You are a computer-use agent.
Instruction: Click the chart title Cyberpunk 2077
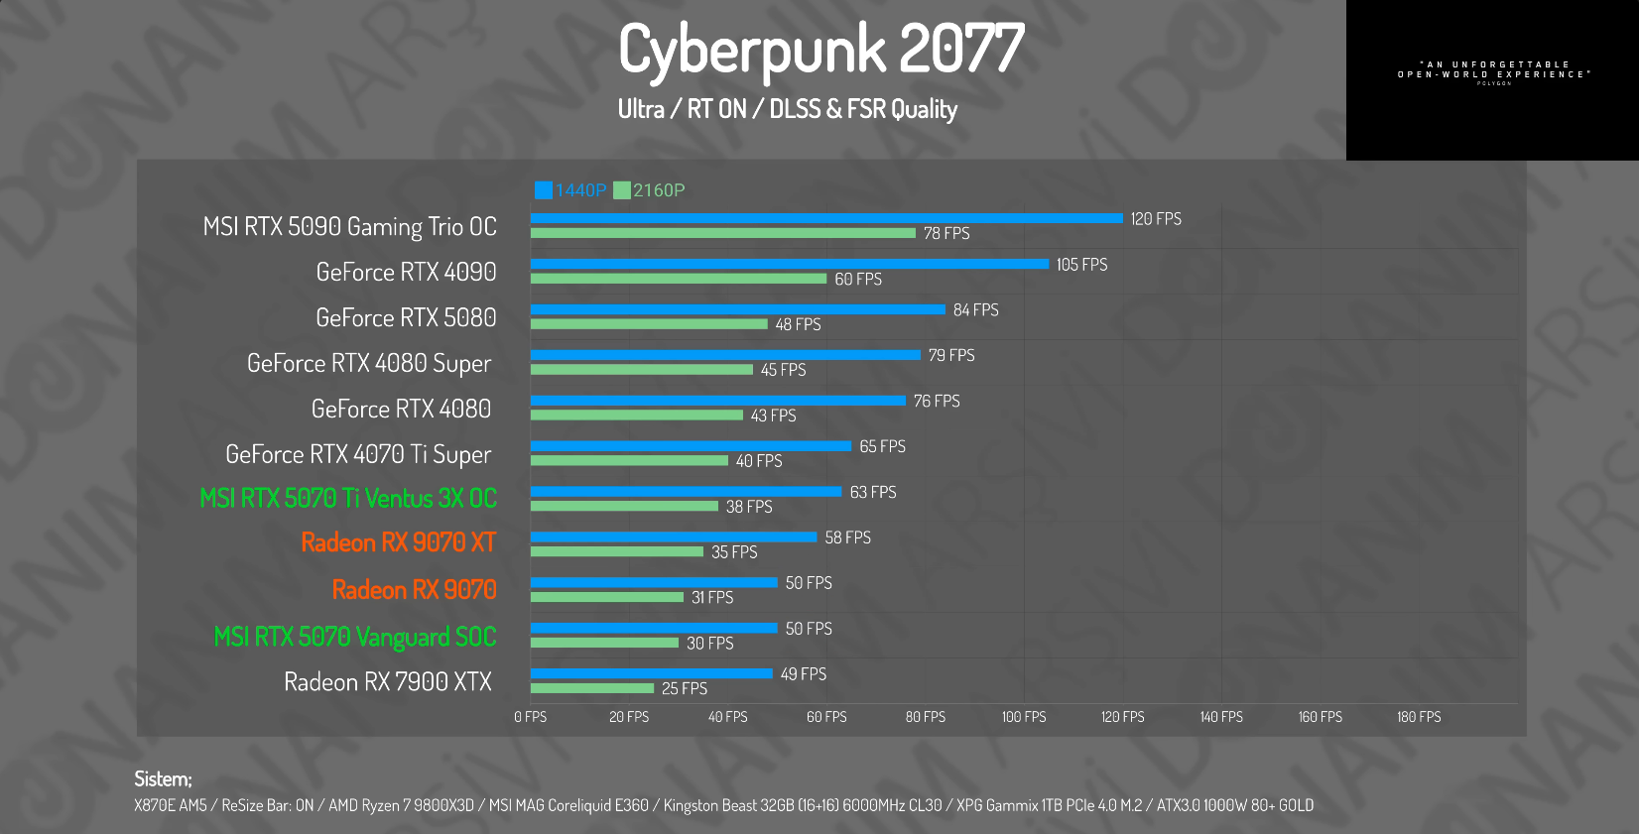click(821, 49)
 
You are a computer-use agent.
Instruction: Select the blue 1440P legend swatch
click(544, 190)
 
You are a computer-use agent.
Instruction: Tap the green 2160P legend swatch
click(622, 190)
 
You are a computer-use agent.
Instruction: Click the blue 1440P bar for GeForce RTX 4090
click(789, 264)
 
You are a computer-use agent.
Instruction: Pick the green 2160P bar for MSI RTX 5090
click(722, 233)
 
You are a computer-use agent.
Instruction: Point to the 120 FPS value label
click(1156, 219)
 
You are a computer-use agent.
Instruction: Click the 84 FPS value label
click(975, 310)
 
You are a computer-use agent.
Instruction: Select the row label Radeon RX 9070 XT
click(398, 542)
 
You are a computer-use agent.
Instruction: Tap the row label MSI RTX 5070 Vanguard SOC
click(354, 637)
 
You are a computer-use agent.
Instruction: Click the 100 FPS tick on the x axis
click(1024, 717)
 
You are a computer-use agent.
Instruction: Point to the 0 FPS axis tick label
click(531, 717)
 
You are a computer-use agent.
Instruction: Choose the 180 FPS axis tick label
click(1419, 717)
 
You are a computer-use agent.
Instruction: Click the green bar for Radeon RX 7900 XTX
click(592, 688)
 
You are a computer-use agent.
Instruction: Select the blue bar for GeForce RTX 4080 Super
click(725, 355)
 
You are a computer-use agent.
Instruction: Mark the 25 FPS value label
click(685, 688)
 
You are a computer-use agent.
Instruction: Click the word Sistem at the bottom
click(163, 779)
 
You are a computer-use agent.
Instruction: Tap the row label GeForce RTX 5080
click(406, 317)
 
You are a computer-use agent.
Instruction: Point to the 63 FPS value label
click(873, 493)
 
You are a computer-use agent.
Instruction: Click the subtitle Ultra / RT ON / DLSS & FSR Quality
click(788, 109)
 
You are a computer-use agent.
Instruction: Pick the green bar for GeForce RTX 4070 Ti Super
click(629, 461)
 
